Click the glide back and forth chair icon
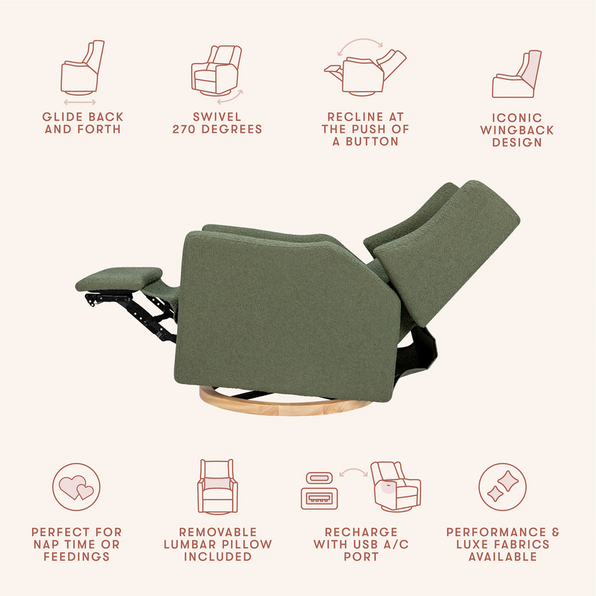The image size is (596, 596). [81, 69]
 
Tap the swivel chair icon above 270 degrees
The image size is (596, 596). [216, 70]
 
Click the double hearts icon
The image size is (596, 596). [76, 487]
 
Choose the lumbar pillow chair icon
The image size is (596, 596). [217, 486]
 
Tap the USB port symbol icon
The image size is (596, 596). [319, 492]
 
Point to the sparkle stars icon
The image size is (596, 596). [503, 487]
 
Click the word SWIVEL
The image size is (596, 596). [217, 117]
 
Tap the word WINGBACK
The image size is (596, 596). [517, 130]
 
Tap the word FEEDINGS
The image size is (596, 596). [76, 557]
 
